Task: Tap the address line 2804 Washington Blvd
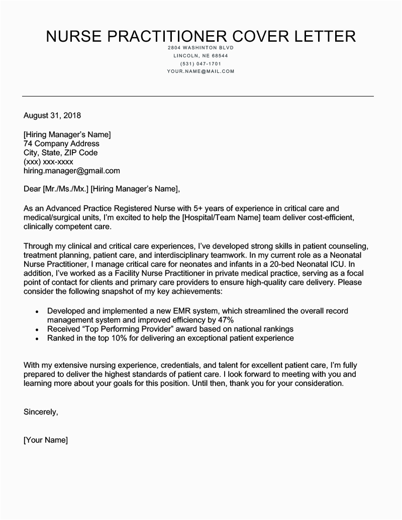coord(200,48)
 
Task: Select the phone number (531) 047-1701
coord(200,64)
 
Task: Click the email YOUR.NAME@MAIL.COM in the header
coord(200,72)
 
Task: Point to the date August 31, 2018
coord(52,116)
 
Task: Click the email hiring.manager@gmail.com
coord(72,171)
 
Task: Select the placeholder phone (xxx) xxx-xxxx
coord(48,162)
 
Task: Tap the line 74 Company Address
coord(61,144)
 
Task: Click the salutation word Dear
coord(32,189)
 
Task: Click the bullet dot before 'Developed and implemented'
coord(37,312)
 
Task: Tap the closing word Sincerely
coord(41,412)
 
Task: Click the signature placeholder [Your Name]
coord(45,440)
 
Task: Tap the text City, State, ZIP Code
coord(60,153)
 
